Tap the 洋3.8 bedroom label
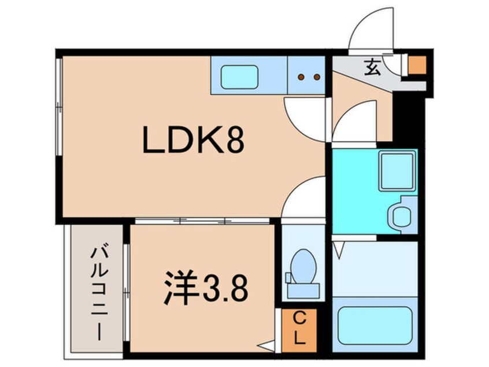(x=206, y=288)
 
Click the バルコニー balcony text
(x=99, y=293)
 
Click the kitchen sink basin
(x=239, y=77)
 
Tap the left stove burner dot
(x=301, y=77)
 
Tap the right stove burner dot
(x=317, y=77)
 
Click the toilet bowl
(x=303, y=266)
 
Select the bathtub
(x=375, y=325)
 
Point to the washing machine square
(x=398, y=171)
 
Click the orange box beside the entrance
(x=417, y=65)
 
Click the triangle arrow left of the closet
(x=266, y=346)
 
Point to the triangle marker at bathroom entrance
(x=338, y=251)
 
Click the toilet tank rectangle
(x=303, y=291)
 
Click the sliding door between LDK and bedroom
(x=202, y=221)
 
